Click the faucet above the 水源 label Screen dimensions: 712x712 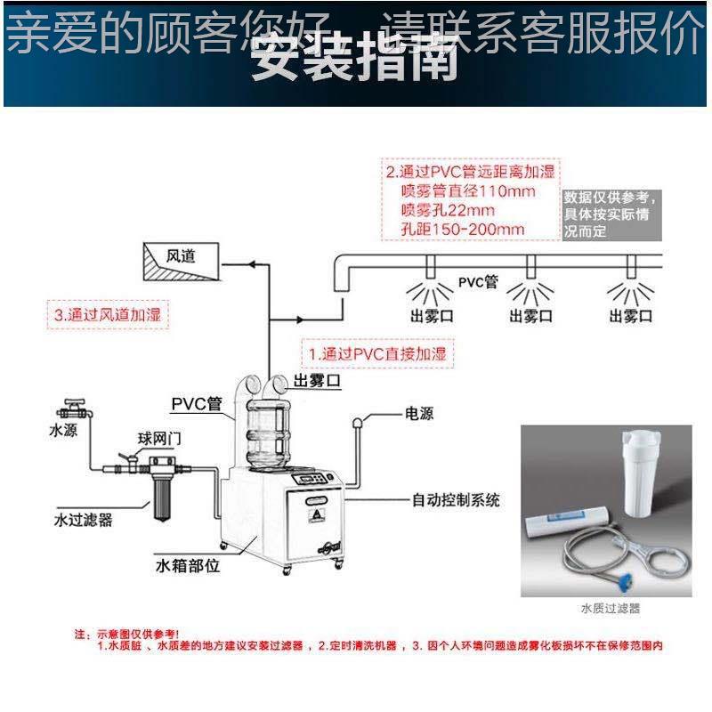[x=70, y=409]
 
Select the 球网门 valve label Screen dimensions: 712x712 [x=158, y=438]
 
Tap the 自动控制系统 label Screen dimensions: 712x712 [x=455, y=500]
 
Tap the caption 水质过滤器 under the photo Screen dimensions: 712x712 [x=611, y=610]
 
